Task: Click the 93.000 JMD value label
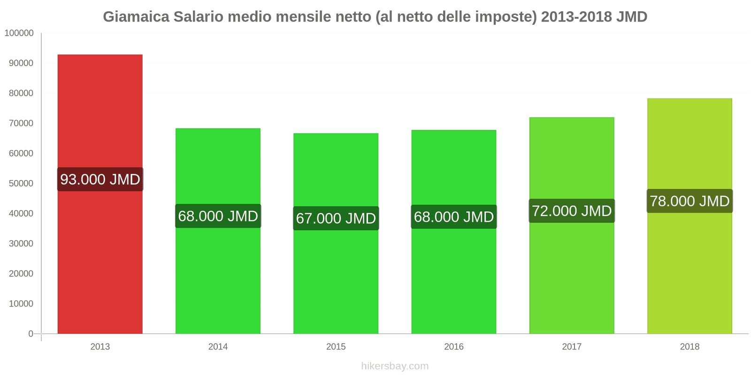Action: [100, 179]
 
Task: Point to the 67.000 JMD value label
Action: [336, 218]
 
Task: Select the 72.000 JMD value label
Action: [572, 210]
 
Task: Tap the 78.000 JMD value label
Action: [690, 201]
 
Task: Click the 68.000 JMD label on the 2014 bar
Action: [218, 216]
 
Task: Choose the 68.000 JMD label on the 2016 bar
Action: [453, 217]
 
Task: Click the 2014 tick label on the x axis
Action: [218, 346]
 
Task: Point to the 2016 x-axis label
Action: [453, 346]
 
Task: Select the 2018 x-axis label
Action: [690, 346]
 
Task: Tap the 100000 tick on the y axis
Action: [19, 33]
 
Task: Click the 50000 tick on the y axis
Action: [21, 183]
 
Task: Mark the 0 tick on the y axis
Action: [31, 334]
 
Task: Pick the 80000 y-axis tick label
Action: [21, 93]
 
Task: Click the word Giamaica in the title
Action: [136, 17]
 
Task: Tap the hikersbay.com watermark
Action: [395, 366]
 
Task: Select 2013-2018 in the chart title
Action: [576, 17]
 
